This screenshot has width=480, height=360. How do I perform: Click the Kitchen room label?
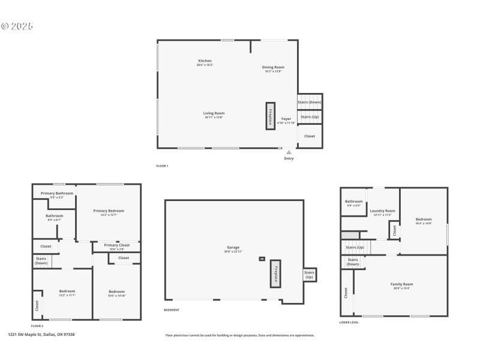(x=205, y=61)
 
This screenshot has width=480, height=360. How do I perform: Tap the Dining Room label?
(x=273, y=67)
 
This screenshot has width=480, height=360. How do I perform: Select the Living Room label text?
(x=214, y=113)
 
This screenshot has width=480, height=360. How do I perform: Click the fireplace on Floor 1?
(x=271, y=115)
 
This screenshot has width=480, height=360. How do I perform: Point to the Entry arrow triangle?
(x=289, y=152)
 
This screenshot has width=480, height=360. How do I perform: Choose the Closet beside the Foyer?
(x=310, y=136)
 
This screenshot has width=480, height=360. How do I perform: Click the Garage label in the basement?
(x=233, y=247)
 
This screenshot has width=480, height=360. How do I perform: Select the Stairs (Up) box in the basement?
(x=310, y=275)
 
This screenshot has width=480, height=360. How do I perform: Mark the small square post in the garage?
(x=262, y=259)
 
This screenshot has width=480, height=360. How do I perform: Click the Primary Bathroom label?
(x=57, y=193)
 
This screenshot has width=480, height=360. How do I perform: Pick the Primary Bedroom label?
(x=109, y=211)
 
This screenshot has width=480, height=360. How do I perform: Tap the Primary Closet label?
(x=116, y=245)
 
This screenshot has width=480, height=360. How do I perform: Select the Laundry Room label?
(x=382, y=211)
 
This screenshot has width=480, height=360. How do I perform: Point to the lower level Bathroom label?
(x=353, y=202)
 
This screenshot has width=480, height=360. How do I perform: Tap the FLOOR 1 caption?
(x=162, y=166)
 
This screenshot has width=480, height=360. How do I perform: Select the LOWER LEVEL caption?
(x=349, y=322)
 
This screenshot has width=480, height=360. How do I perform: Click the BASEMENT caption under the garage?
(x=172, y=310)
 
